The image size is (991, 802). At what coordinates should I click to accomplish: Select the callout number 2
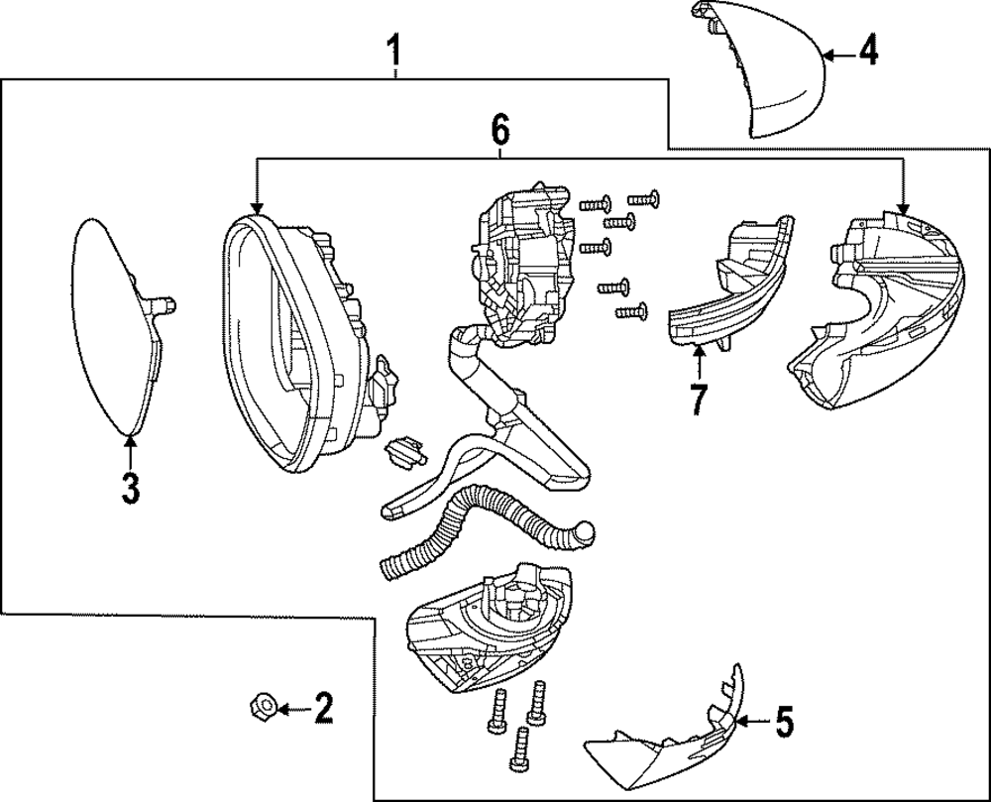(x=322, y=708)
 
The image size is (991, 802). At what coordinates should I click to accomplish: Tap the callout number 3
(x=131, y=488)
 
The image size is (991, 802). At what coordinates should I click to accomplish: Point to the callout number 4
(x=867, y=51)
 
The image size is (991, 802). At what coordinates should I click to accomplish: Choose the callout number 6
(x=499, y=128)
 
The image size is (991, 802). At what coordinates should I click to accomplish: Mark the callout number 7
(x=699, y=398)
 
